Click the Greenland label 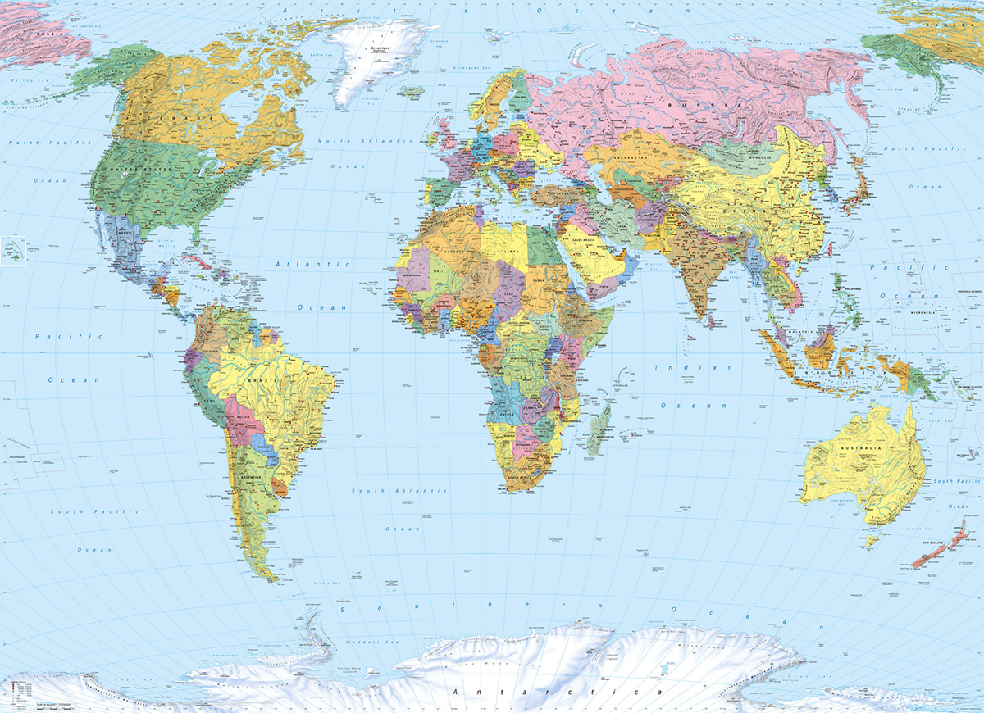point(379,48)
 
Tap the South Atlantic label point(399,490)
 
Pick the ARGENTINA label point(249,476)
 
